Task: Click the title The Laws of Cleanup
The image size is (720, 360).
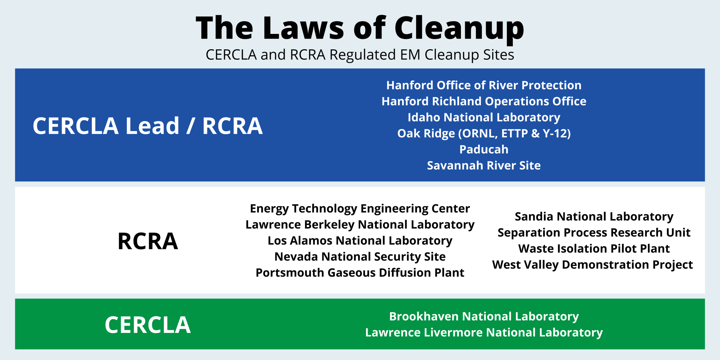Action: pos(360,28)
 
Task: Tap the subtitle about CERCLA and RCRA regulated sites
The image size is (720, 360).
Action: pos(360,55)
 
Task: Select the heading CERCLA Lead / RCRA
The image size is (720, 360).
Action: pos(148,126)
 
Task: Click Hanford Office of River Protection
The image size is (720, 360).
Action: pos(484,85)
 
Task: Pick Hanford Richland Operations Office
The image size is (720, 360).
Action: pos(484,101)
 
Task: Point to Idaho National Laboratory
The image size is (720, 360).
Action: pos(484,118)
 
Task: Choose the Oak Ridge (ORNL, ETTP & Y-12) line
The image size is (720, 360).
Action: pos(484,133)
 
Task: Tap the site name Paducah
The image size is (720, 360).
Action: pos(484,149)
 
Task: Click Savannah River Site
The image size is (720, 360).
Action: pos(484,166)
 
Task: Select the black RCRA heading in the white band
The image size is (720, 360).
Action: pos(148,241)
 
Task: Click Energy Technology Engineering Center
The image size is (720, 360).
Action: pos(360,209)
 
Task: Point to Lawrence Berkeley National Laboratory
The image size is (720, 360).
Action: pos(360,225)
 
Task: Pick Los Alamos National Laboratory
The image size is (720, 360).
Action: pos(360,241)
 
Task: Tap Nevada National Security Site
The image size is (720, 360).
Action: pos(360,257)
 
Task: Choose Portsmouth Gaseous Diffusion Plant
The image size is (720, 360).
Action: pos(360,273)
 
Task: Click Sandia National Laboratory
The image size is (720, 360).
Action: pos(594,217)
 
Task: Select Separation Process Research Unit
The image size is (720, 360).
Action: pos(594,233)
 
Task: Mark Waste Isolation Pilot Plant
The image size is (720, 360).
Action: pos(594,249)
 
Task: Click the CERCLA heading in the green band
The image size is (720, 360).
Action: pos(148,325)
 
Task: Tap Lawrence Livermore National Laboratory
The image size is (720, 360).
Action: pos(484,333)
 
